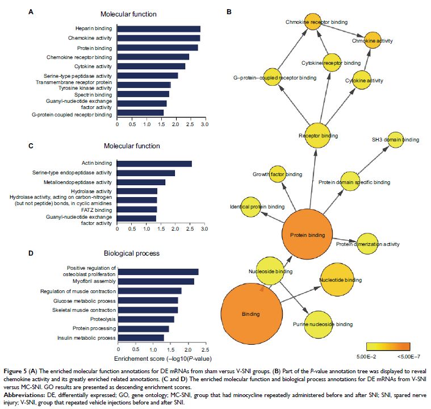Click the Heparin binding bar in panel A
158,28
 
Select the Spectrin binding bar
143,94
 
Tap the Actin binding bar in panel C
154,164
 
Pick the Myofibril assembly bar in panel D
156,281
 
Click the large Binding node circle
251,314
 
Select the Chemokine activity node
372,41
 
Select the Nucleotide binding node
340,279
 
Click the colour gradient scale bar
388,344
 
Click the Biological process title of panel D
132,253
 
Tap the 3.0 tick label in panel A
204,124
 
